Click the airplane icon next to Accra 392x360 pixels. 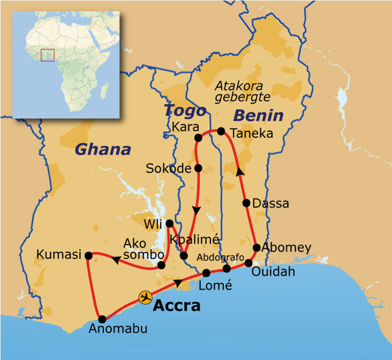145,297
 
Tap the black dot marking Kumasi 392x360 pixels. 88,255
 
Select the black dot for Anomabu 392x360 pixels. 102,319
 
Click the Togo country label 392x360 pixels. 185,111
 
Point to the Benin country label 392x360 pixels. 258,115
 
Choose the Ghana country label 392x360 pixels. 103,149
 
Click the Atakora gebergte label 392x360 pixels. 242,92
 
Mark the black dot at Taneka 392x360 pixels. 221,131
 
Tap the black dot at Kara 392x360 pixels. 198,137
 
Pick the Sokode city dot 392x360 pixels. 198,168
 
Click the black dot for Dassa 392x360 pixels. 247,203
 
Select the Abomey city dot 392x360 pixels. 256,247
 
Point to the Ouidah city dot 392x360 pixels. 248,263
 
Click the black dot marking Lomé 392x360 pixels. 206,273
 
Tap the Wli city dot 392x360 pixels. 169,223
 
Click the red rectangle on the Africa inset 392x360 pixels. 48,55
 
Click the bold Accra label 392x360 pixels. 176,306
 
